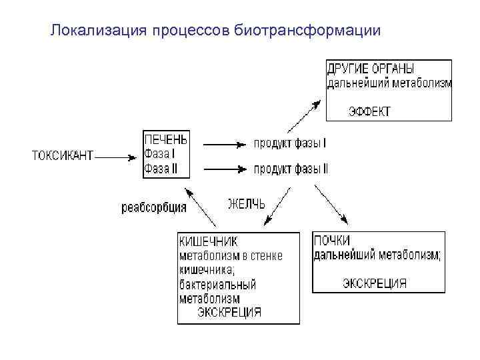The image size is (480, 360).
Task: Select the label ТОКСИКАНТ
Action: click(x=63, y=156)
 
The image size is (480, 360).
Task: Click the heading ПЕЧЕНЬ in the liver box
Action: click(x=165, y=140)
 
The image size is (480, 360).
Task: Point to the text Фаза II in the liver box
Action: click(x=161, y=169)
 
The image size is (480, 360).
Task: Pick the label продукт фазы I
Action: click(x=289, y=143)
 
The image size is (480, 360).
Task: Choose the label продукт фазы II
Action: click(x=291, y=169)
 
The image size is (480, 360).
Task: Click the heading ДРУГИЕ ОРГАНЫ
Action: click(x=371, y=69)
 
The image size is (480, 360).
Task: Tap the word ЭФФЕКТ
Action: click(x=369, y=111)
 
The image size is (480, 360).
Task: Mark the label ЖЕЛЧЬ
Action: click(x=246, y=204)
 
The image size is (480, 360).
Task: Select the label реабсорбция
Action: click(x=154, y=207)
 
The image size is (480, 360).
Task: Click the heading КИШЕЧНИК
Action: click(x=208, y=241)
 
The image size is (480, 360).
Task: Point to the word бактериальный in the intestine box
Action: click(x=217, y=284)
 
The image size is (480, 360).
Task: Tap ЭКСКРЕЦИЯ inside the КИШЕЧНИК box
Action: click(x=229, y=312)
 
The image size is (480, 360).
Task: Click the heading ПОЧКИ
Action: click(x=331, y=241)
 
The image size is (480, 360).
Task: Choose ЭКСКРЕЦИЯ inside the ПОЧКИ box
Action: click(x=374, y=283)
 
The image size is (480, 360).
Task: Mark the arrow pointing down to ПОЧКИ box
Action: click(x=331, y=205)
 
